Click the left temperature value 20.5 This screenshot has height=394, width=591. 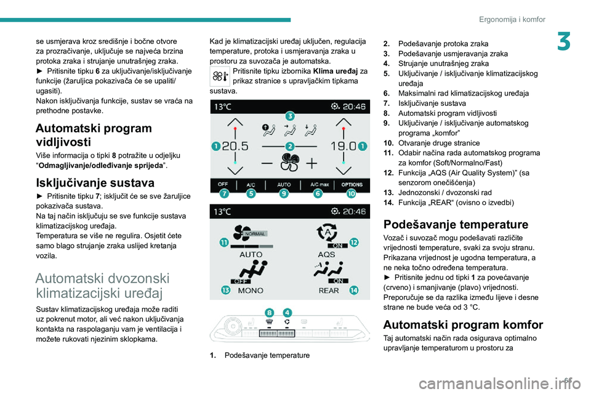(x=237, y=147)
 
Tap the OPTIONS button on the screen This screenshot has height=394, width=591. (x=353, y=184)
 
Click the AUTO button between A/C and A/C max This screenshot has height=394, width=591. (x=284, y=184)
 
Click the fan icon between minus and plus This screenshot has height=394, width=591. (x=289, y=163)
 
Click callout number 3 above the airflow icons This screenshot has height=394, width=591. (x=289, y=116)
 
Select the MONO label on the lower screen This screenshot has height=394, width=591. (x=251, y=290)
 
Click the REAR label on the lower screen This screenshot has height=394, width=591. (x=329, y=290)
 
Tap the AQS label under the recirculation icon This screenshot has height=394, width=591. (x=326, y=253)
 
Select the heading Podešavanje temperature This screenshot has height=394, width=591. (x=456, y=224)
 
